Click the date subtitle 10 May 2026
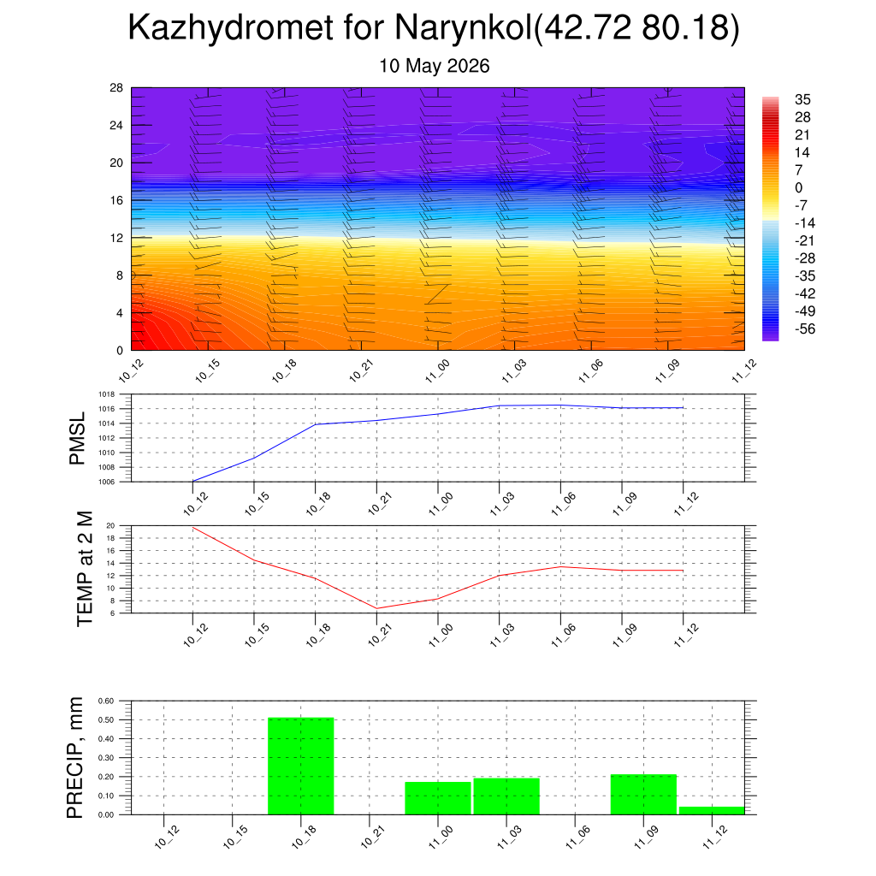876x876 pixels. tap(434, 66)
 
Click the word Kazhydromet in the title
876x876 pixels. tap(231, 28)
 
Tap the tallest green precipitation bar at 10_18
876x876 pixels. tap(301, 766)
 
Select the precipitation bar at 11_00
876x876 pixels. tap(438, 798)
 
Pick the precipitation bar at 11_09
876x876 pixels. tap(643, 795)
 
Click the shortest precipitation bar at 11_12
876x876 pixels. tap(712, 811)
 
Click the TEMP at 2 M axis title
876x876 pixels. tap(85, 569)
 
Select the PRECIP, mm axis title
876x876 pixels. tap(74, 758)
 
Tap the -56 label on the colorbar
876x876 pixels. tap(805, 329)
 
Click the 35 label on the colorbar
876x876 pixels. tap(802, 99)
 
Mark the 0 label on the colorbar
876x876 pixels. tap(798, 187)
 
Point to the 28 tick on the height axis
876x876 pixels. tap(116, 88)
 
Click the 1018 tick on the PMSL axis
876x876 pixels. tap(107, 394)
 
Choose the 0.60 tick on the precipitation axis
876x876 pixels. tap(105, 701)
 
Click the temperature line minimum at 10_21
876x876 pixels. tap(376, 608)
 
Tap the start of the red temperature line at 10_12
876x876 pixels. tap(192, 527)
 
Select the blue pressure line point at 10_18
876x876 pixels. tap(315, 424)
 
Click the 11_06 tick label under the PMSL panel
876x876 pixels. tap(564, 504)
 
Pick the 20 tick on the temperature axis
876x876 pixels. tap(110, 526)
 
